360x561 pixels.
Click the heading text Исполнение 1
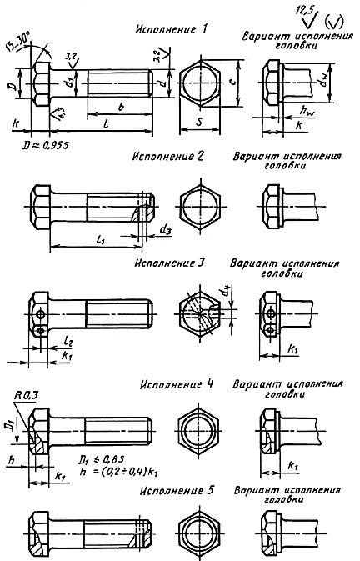pos(171,30)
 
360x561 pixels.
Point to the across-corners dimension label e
pos(237,83)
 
